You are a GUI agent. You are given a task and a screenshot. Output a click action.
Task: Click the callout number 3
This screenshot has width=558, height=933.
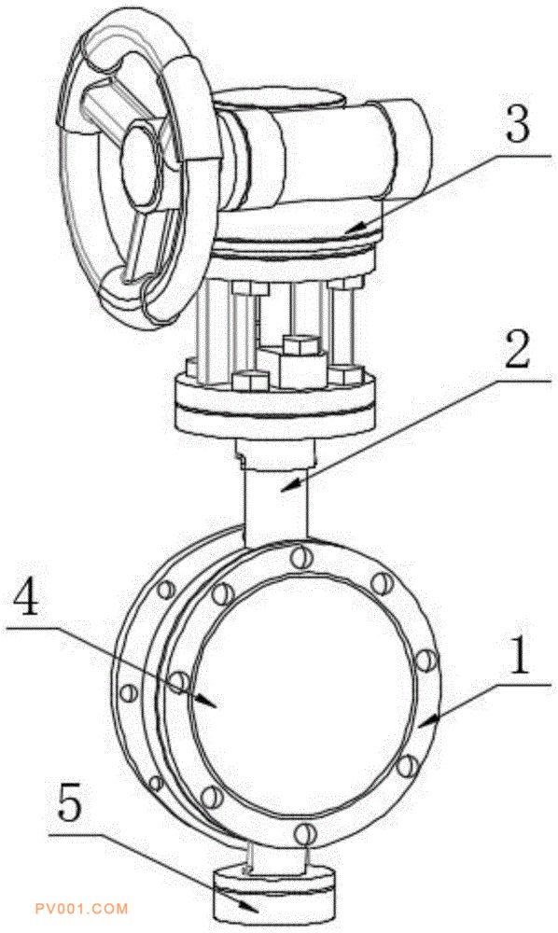[x=518, y=126]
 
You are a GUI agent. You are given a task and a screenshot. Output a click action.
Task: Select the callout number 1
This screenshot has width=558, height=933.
[x=520, y=656]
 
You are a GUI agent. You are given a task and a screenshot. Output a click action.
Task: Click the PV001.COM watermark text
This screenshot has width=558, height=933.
[x=81, y=909]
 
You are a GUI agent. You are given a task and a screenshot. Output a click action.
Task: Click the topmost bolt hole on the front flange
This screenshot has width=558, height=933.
[x=301, y=557]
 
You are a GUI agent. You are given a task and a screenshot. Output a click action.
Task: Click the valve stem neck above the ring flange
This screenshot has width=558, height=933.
[x=276, y=494]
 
